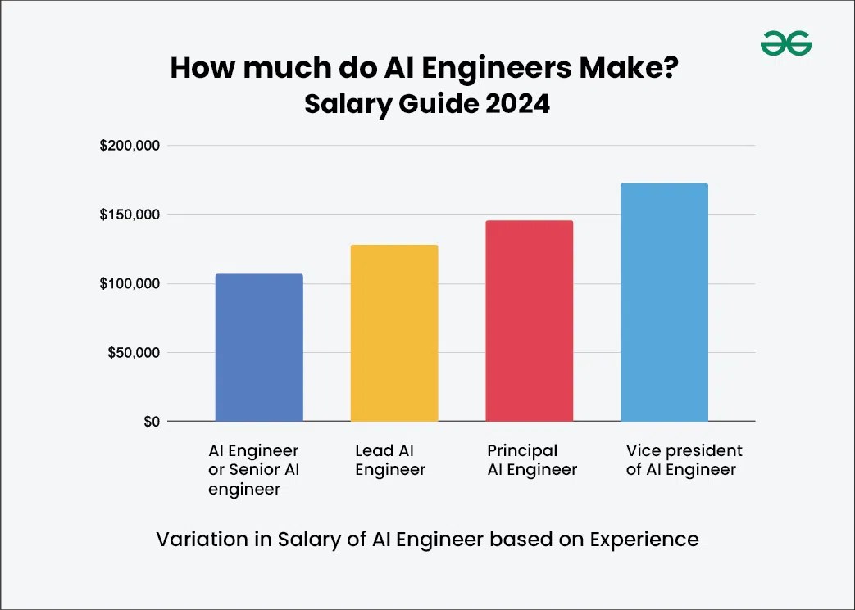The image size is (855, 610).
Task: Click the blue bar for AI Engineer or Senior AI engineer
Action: coord(258,348)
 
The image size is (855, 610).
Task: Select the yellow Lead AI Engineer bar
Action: coord(393,333)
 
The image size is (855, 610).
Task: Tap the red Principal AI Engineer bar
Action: coord(529,321)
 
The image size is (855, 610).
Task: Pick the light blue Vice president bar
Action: coord(664,302)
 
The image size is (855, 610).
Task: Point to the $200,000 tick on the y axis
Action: coord(129,147)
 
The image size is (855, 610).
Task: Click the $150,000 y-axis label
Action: coord(129,215)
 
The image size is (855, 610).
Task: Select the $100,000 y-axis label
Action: coord(129,284)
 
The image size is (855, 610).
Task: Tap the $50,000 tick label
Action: coord(133,353)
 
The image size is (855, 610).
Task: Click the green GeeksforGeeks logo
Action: coord(785,43)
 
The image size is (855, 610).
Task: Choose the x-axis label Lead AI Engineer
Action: coord(390,460)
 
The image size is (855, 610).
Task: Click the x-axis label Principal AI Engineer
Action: coord(532,460)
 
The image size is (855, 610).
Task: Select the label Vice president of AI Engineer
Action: coord(684,460)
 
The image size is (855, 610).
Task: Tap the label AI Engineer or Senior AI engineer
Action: coord(253,470)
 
